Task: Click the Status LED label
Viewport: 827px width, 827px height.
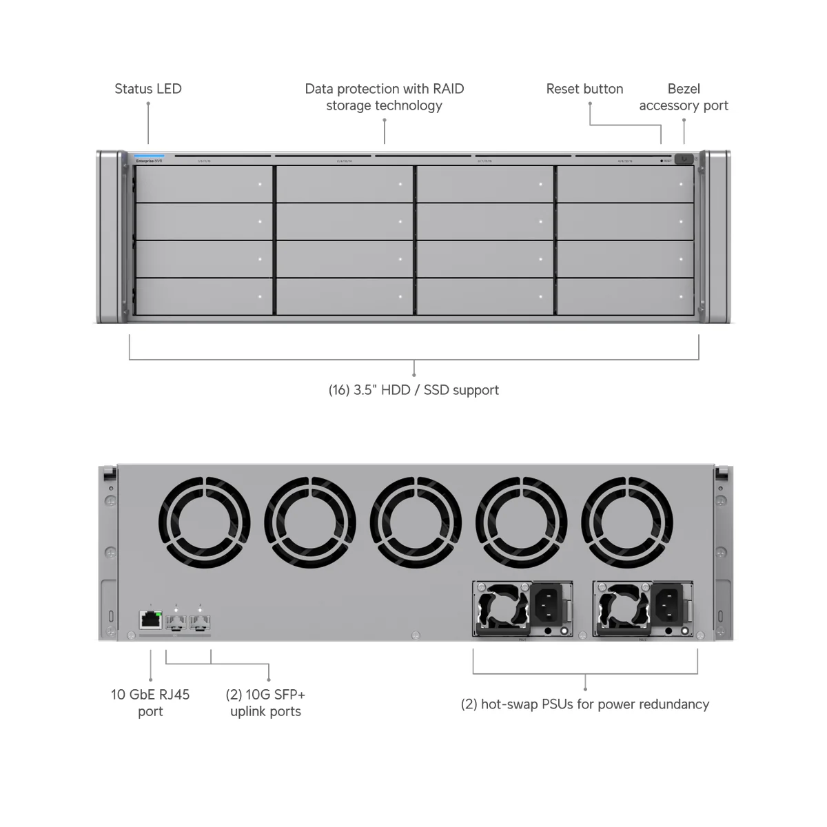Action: point(147,89)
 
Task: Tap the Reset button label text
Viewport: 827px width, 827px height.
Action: point(584,89)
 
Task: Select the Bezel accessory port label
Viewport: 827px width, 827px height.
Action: point(683,97)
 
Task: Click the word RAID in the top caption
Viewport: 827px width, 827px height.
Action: point(448,89)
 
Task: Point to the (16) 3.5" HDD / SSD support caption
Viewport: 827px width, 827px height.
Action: point(413,390)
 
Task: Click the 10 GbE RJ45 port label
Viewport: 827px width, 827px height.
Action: point(150,702)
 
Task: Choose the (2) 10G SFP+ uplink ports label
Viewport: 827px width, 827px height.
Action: point(265,702)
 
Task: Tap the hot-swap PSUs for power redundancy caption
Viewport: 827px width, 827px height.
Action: point(584,704)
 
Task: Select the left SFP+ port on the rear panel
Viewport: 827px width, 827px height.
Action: point(176,623)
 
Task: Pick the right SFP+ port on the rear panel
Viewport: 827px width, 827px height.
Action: point(200,623)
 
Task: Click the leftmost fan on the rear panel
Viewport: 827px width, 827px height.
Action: point(204,522)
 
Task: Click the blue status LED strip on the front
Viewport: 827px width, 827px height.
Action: point(150,156)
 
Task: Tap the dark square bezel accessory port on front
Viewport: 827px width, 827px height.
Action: point(683,159)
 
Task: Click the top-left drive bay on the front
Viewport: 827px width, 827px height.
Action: point(204,184)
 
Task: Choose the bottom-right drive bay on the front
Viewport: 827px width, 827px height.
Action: point(625,297)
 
